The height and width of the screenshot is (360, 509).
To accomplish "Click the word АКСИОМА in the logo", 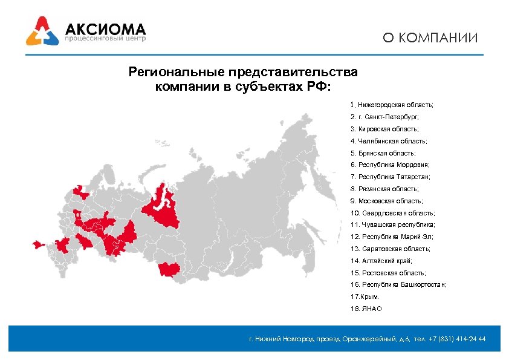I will click(105, 28).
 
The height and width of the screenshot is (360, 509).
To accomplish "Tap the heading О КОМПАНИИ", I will click(430, 38).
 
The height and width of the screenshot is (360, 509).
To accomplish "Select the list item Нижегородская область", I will click(392, 105).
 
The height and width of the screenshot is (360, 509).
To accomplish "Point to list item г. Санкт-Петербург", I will click(384, 117).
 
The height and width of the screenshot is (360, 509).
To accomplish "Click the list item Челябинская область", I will click(388, 141).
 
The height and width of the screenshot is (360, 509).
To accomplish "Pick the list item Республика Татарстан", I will click(390, 177).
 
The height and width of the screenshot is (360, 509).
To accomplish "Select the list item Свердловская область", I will click(392, 213).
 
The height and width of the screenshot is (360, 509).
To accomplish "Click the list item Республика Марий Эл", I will click(391, 237).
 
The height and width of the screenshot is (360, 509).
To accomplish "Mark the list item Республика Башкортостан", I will click(398, 284).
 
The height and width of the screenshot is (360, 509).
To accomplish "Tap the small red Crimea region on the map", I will click(38, 244).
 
